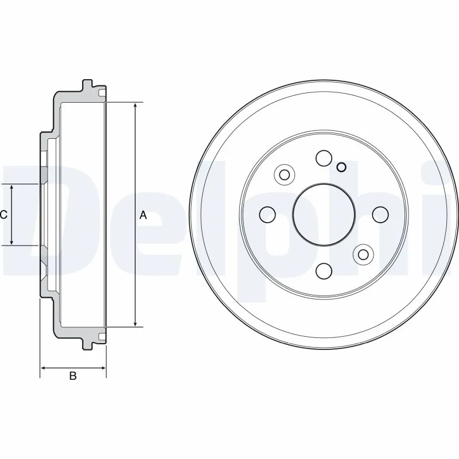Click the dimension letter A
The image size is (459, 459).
click(143, 215)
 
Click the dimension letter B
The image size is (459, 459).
click(73, 376)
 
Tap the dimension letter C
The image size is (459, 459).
click(3, 215)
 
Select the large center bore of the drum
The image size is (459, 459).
click(321, 214)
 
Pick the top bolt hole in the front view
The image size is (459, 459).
click(324, 158)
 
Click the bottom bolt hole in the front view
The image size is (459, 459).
click(324, 270)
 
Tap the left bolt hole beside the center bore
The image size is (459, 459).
click(267, 215)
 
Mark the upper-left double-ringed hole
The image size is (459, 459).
click(284, 174)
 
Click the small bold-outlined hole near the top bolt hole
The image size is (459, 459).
click(341, 168)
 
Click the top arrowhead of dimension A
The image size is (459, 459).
click(135, 107)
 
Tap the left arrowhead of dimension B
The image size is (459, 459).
click(43, 367)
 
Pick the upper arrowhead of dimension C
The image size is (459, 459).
click(12, 188)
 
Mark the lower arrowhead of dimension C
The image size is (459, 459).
click(12, 242)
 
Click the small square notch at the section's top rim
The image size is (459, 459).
click(102, 94)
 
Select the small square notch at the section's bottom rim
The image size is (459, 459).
click(102, 336)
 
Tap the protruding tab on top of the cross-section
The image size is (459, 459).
click(88, 85)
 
